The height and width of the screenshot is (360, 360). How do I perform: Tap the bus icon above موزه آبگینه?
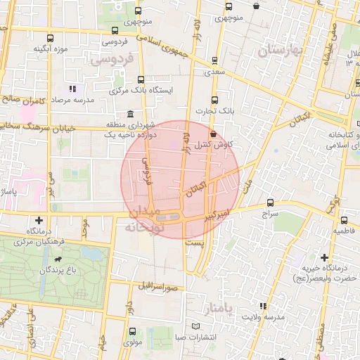pyautogui.click(x=49, y=38)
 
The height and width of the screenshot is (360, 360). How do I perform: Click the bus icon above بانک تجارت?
pyautogui.click(x=214, y=100)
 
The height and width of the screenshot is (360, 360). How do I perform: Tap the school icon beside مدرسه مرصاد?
pyautogui.click(x=72, y=89)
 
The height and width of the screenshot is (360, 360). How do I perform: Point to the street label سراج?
pyautogui.click(x=271, y=212)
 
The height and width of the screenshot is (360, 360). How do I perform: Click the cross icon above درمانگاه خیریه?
pyautogui.click(x=324, y=258)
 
